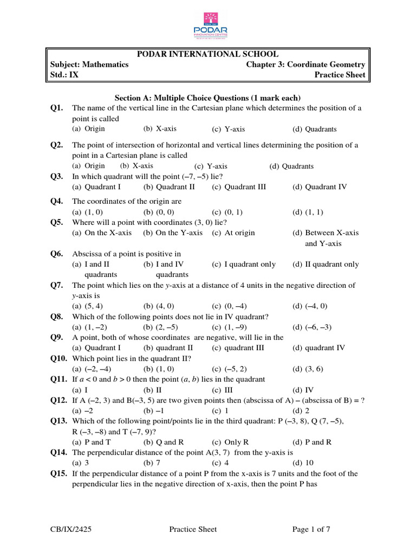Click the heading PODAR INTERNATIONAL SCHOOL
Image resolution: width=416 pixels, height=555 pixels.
click(x=207, y=54)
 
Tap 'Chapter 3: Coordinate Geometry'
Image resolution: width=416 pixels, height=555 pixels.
click(x=305, y=64)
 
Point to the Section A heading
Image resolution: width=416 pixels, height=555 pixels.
click(x=207, y=98)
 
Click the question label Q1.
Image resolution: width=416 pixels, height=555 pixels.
click(x=57, y=108)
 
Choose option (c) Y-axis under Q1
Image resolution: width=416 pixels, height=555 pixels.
click(x=229, y=130)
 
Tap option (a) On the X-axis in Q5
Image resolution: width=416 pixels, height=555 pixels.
click(x=102, y=233)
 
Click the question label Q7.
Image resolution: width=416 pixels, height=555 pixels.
click(x=57, y=285)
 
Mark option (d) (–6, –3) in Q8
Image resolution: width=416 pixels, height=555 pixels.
click(x=312, y=327)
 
